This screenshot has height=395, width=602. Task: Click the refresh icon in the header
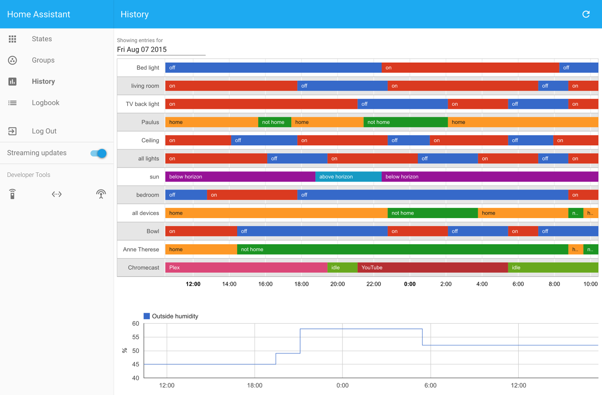pos(585,14)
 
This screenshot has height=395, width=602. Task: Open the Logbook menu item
pos(45,103)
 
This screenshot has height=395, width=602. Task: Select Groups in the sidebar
pos(43,60)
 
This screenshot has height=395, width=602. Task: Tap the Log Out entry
pos(44,131)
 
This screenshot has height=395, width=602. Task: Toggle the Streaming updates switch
pos(99,153)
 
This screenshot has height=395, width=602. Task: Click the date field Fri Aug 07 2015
pos(160,50)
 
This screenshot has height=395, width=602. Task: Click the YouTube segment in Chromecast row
pos(432,268)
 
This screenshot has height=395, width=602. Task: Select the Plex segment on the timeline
pos(246,268)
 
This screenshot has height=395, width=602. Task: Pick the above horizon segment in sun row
pos(348,177)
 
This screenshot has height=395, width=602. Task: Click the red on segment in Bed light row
pos(470,68)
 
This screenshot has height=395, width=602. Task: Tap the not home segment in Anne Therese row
pos(402,250)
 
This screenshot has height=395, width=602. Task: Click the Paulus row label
pos(150,122)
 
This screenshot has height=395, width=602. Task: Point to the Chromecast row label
pos(143,268)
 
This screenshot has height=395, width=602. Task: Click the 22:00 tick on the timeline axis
pos(373,284)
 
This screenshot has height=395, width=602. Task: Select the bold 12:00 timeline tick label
pos(193,284)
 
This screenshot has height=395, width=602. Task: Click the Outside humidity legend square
pos(147,316)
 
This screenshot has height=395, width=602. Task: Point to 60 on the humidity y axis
pos(135,324)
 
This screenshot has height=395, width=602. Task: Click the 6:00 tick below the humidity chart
pos(430,385)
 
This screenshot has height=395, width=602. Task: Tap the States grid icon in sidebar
pos(13,39)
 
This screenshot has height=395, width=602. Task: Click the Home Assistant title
pos(39,15)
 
